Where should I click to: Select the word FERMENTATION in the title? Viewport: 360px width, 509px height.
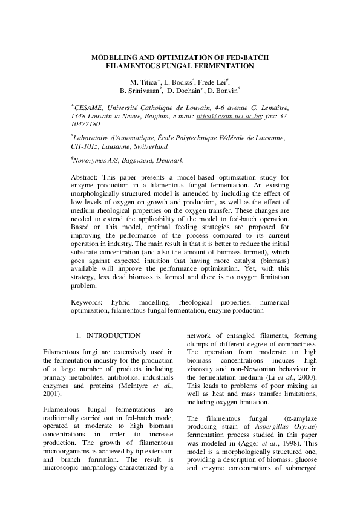click(x=223, y=66)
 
